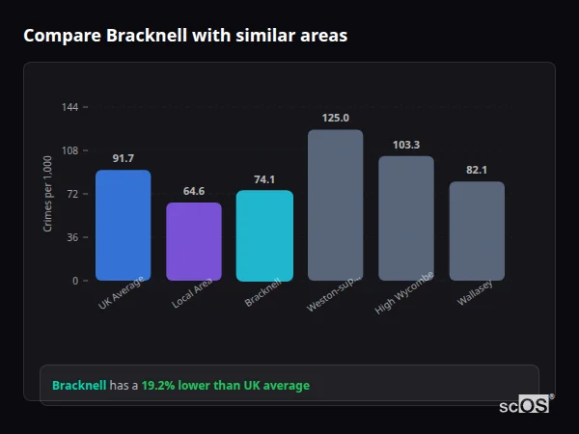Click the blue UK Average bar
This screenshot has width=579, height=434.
coord(123,226)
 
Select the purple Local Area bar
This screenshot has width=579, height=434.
coord(193,242)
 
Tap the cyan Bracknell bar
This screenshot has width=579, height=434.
coord(264,235)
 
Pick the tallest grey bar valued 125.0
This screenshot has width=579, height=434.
coord(335,205)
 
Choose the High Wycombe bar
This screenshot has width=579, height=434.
coord(405,219)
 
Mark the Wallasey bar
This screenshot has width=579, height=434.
coord(477,231)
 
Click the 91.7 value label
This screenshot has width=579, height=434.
coord(123,158)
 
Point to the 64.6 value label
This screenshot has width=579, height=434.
coord(193,191)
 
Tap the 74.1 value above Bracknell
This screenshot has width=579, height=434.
coord(264,179)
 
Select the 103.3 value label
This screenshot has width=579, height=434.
coord(405,145)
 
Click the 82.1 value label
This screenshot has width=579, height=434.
coord(477,170)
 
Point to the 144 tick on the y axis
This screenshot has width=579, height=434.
coord(70,107)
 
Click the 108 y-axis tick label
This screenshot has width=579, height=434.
coord(70,150)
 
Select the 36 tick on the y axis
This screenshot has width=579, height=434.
coord(73,237)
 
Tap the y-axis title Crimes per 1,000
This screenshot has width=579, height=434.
coord(48,194)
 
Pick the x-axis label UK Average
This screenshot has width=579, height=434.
coord(121,293)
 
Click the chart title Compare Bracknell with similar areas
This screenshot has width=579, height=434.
coord(185,36)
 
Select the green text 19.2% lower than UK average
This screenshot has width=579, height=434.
coord(226,386)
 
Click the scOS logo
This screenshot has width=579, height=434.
coord(525,405)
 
